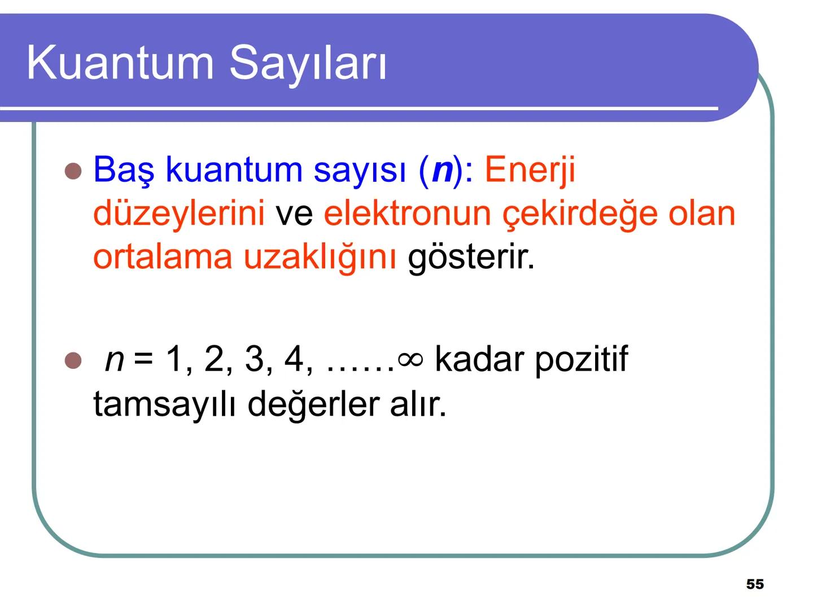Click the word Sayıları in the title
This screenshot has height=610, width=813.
pos(308,63)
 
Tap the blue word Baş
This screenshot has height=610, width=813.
pos(124,169)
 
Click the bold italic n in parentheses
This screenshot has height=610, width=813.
pos(442,169)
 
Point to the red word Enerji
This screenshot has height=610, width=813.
pos(530,169)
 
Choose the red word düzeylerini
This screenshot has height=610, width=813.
pos(178,213)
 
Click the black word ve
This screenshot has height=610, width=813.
pos(294,213)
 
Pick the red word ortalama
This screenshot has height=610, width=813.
pos(163,257)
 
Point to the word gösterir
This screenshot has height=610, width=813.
pos(471,257)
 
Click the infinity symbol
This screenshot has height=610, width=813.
pos(410,359)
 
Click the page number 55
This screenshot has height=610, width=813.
pos(755,585)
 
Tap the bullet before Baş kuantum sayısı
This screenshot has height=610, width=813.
pos(73,171)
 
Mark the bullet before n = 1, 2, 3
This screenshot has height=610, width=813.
pos(73,360)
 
